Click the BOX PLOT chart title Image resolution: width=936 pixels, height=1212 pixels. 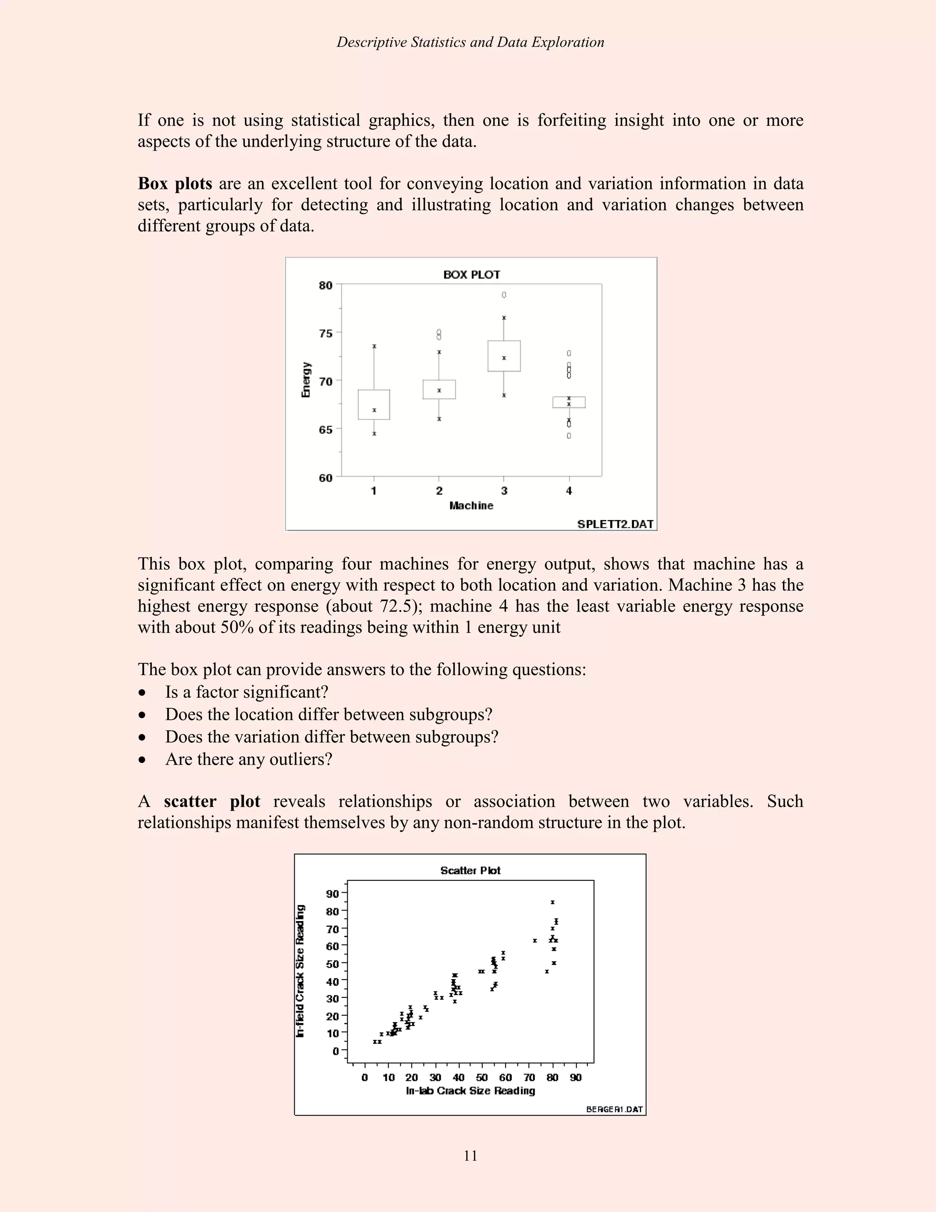pos(471,275)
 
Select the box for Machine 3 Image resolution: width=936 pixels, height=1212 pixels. pos(504,356)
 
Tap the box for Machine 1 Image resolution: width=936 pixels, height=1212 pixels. pos(374,405)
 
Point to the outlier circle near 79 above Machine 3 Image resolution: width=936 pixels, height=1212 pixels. pos(504,295)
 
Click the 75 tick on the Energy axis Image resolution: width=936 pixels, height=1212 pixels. pos(325,333)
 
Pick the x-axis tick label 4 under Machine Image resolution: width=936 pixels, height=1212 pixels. pos(569,491)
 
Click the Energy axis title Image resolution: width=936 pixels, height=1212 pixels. pos(306,380)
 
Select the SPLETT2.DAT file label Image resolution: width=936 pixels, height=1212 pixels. pos(615,524)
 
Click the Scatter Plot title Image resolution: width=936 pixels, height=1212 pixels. pos(470,871)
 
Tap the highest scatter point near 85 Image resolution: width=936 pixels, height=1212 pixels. pos(552,902)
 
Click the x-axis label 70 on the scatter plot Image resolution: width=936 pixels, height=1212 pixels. pos(529,1078)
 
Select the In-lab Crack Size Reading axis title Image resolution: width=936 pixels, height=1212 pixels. pos(470,1091)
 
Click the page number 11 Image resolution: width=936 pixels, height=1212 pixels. pos(470,1155)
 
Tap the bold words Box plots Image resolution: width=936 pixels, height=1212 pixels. pos(175,184)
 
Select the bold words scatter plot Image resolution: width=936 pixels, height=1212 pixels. pos(212,801)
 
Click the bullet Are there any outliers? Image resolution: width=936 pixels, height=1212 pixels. pos(249,759)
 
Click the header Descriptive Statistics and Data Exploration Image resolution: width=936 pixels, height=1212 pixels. pos(470,42)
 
